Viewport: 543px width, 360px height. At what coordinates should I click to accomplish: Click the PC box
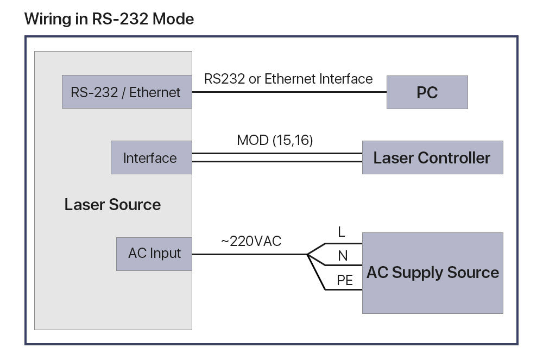(427, 92)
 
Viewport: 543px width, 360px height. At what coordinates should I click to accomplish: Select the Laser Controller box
(432, 157)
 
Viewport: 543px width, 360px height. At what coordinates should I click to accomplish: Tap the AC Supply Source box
(432, 273)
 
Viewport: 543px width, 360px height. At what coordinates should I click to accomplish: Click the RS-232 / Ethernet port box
(126, 92)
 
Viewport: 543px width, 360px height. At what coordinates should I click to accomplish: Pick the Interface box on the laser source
(150, 158)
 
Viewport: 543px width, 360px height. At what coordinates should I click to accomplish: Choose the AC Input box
(154, 254)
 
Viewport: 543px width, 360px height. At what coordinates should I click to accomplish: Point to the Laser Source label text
(112, 205)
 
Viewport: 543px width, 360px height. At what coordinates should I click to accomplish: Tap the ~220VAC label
(251, 241)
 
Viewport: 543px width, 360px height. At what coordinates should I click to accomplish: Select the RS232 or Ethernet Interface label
(288, 79)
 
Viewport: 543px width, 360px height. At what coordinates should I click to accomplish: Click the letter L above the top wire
(342, 232)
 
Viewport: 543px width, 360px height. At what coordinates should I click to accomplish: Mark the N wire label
(343, 256)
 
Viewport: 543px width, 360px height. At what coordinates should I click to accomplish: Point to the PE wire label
(345, 280)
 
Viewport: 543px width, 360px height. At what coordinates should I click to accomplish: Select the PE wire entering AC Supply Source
(344, 289)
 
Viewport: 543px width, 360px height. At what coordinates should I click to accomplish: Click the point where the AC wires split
(307, 254)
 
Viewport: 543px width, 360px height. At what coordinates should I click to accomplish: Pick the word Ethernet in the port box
(155, 92)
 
